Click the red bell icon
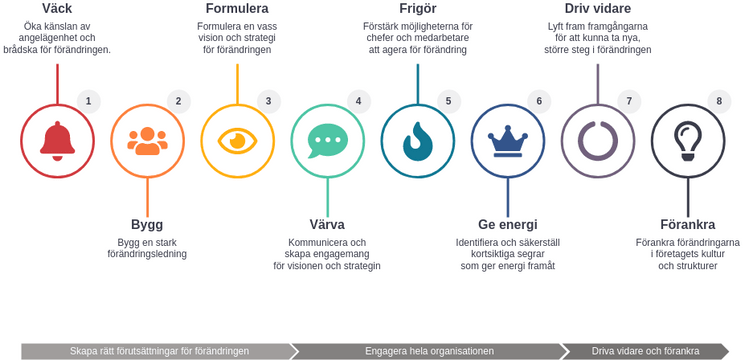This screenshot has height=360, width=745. click(57, 141)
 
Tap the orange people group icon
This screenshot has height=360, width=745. click(147, 141)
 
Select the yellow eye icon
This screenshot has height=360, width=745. click(237, 141)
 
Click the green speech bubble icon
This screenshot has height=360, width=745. click(327, 141)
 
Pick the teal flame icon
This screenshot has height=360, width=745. click(417, 141)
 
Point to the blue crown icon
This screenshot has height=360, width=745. click(507, 141)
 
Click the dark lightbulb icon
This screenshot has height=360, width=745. click(687, 141)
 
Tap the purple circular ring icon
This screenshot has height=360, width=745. click(597, 141)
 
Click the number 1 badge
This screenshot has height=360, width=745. click(88, 101)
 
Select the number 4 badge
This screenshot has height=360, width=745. click(358, 101)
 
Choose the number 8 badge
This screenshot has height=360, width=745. click(718, 101)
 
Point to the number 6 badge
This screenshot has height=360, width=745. click(538, 101)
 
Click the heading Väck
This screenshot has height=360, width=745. click(57, 9)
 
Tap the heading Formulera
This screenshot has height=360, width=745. click(237, 9)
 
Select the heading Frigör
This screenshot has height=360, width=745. click(417, 9)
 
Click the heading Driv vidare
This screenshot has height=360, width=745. click(597, 9)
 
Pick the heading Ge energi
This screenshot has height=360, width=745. click(507, 224)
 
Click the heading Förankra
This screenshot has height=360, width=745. click(687, 224)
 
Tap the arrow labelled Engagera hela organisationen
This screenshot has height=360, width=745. click(429, 351)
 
